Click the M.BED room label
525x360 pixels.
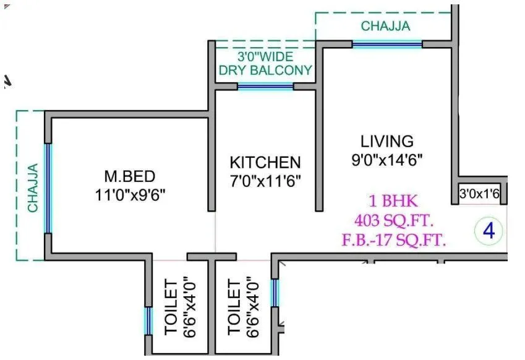[x=129, y=176]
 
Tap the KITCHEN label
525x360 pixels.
[x=265, y=163]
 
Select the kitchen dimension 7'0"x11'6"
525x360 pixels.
[x=265, y=182]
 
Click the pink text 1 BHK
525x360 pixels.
[x=393, y=201]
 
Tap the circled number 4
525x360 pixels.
[x=489, y=231]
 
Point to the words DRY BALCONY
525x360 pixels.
[x=265, y=70]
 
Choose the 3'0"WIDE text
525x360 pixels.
[x=265, y=56]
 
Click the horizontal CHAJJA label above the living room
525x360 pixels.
[x=385, y=26]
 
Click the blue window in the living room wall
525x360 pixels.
[x=387, y=44]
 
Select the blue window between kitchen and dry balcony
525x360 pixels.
[x=265, y=87]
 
